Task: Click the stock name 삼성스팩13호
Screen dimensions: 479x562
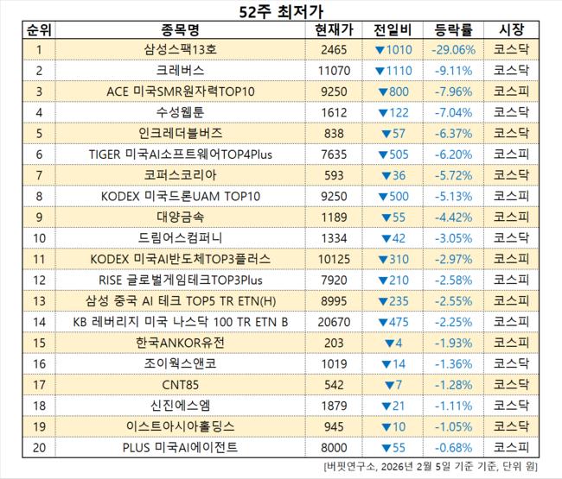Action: (181, 50)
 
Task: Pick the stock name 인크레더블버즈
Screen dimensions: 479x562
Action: (181, 133)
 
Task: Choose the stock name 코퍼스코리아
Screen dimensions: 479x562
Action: (181, 174)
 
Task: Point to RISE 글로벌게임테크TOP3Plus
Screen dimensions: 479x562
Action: (181, 279)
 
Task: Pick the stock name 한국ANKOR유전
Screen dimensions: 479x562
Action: (181, 342)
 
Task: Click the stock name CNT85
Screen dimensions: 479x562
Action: (181, 383)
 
